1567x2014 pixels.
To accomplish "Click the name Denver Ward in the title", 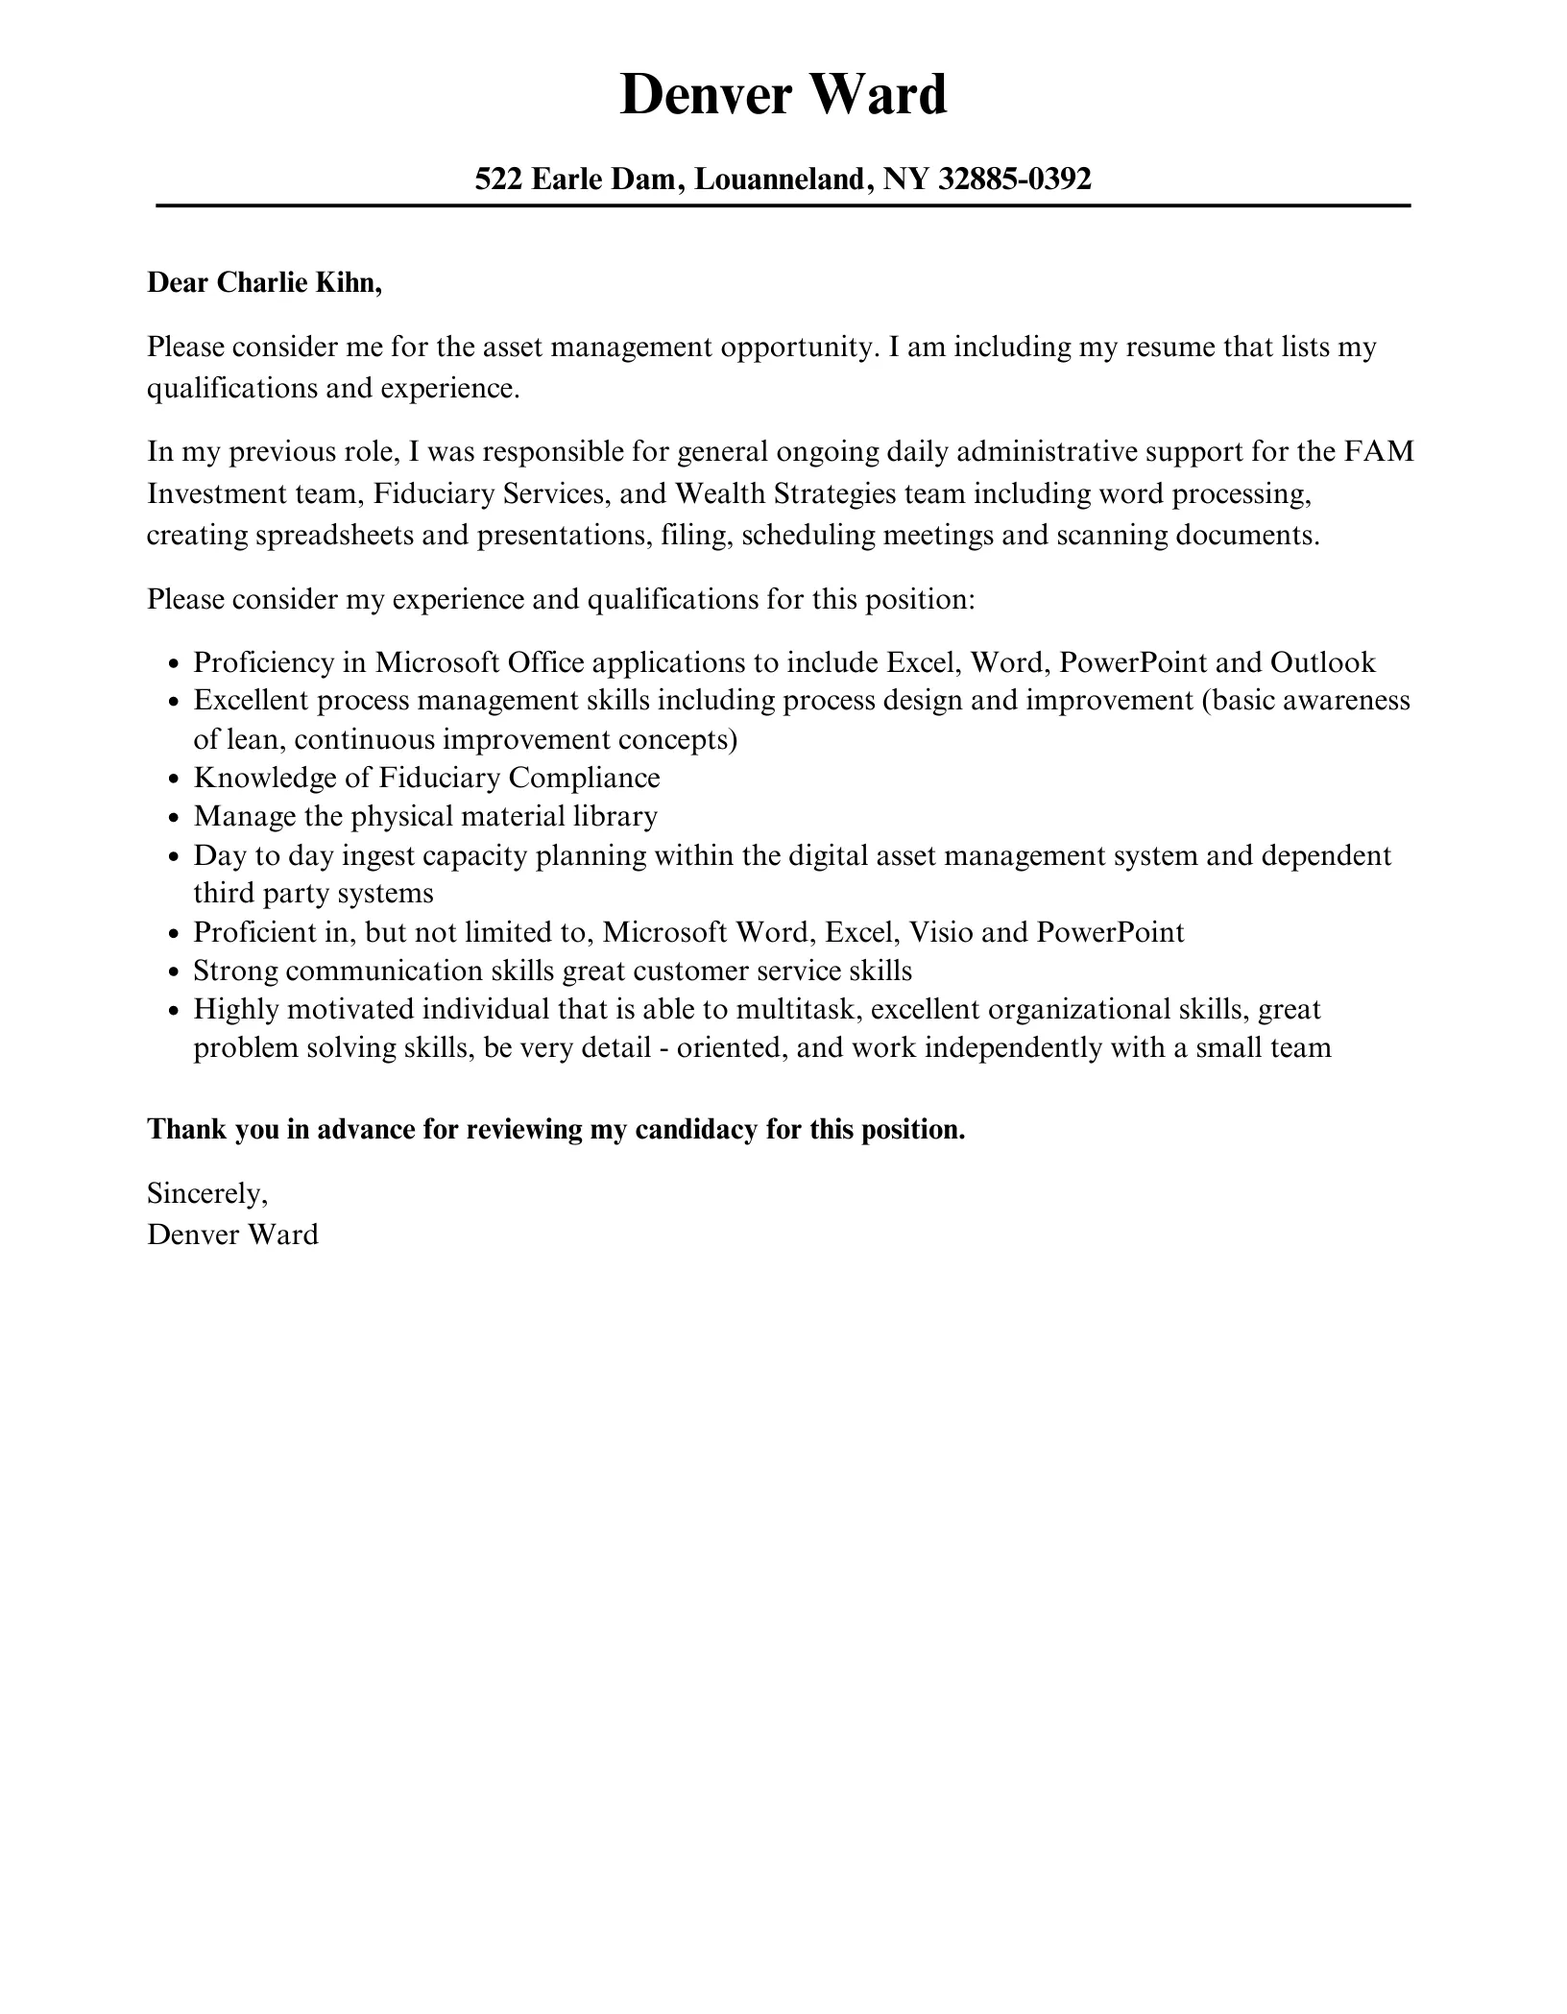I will (x=783, y=95).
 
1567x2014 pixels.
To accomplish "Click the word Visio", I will (x=942, y=932).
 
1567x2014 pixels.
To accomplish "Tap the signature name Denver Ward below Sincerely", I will (x=232, y=1235).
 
